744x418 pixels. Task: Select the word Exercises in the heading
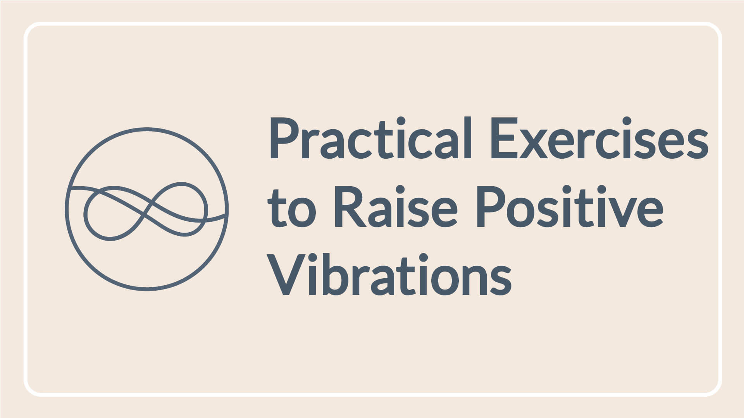599,138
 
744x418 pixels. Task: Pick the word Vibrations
389,275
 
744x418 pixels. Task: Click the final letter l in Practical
468,137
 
